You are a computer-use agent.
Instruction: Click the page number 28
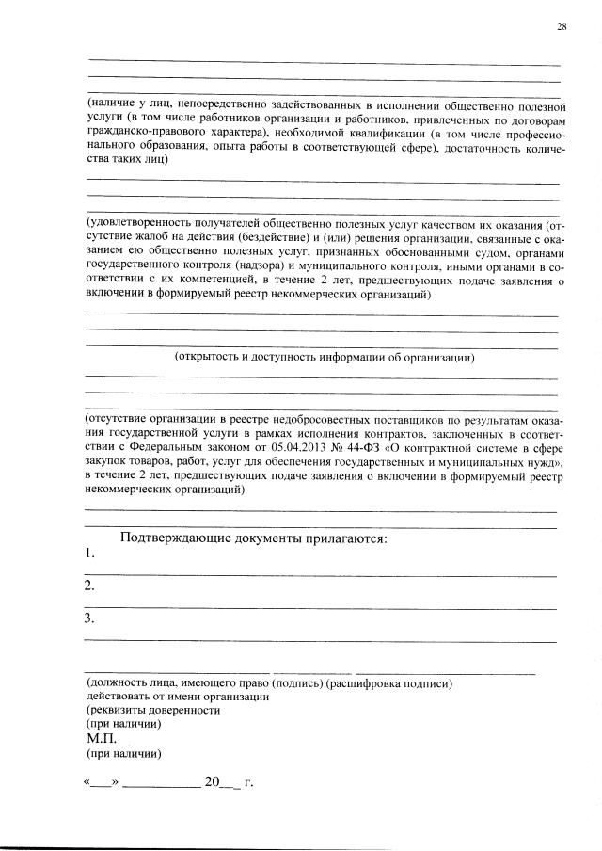[x=562, y=26]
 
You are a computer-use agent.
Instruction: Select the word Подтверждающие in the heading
[x=178, y=538]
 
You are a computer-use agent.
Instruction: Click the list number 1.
[x=89, y=554]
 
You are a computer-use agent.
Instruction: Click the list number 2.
[x=89, y=586]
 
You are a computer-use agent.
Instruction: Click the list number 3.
[x=89, y=618]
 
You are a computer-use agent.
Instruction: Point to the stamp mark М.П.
[x=100, y=739]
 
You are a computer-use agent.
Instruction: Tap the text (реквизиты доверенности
[x=153, y=711]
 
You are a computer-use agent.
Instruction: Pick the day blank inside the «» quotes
[x=101, y=782]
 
